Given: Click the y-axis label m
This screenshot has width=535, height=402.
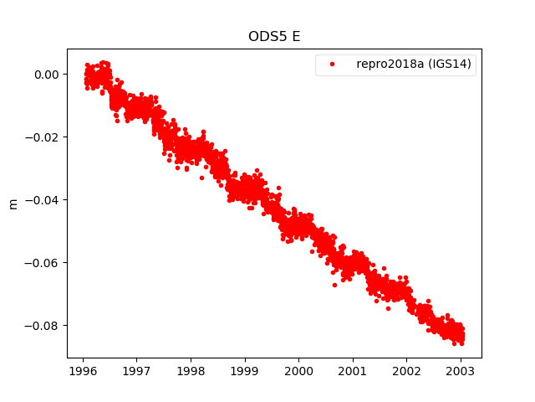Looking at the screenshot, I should (13, 203).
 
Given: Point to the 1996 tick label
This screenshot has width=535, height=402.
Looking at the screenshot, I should (83, 370).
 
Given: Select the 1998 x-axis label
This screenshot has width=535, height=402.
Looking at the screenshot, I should (191, 370).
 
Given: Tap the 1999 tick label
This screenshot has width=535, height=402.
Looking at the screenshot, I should (244, 370).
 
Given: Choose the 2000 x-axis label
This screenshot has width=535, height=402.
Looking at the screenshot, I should (298, 370).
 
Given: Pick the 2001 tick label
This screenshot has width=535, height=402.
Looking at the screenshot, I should (352, 370).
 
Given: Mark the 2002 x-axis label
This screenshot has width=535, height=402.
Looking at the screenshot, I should (406, 370).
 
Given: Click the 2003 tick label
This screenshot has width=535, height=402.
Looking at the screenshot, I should (460, 370).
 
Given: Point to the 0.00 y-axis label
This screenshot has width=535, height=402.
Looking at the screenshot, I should (48, 75).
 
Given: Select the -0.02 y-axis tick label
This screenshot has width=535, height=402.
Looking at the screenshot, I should (44, 137).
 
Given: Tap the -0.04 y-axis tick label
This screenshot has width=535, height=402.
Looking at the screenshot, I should (44, 200).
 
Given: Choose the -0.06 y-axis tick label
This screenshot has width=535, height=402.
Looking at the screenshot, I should (44, 263).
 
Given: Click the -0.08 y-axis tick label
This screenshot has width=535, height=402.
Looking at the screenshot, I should (44, 326).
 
